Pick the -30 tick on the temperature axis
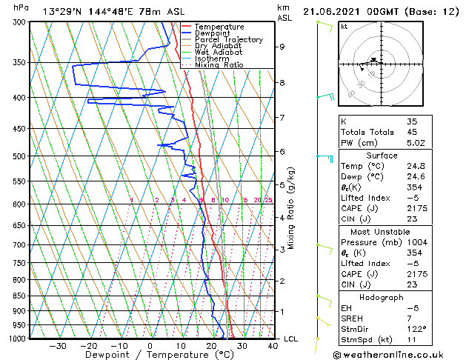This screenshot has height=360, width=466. click(x=58, y=346)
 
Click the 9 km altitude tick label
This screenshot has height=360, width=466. click(x=282, y=47)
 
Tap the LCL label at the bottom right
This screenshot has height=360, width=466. click(x=290, y=339)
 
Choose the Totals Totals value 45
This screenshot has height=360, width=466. click(x=412, y=133)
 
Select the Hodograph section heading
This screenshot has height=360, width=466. click(x=382, y=297)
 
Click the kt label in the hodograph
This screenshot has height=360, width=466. click(x=344, y=26)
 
